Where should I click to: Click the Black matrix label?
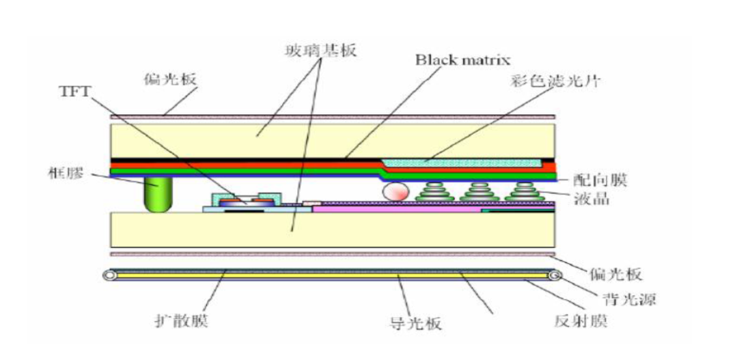[462, 59]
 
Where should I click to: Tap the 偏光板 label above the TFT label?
[170, 79]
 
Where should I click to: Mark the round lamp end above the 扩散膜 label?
[109, 276]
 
